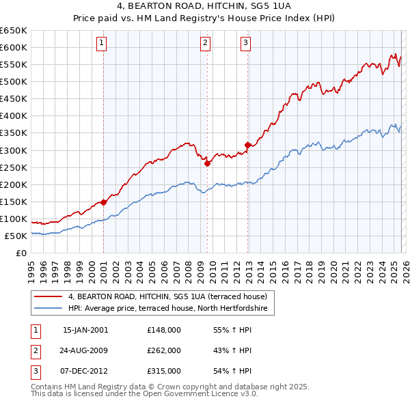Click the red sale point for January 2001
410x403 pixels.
point(103,202)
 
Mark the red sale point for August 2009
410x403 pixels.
point(207,163)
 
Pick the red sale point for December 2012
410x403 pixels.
point(247,145)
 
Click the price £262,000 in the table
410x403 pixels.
point(164,350)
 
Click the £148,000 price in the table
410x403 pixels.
point(164,330)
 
